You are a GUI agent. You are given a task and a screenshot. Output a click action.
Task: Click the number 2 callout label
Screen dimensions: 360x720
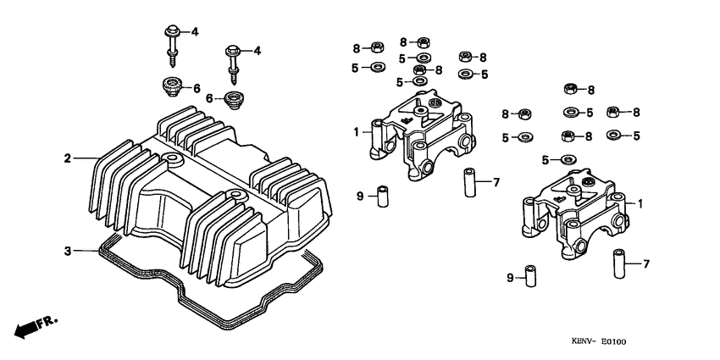click(67, 158)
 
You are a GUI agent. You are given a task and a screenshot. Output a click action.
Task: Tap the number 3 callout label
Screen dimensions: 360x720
click(67, 251)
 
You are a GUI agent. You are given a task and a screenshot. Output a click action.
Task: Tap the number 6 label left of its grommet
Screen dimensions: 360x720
click(208, 98)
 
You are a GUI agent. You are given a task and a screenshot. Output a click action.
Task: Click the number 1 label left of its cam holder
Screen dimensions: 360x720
click(357, 132)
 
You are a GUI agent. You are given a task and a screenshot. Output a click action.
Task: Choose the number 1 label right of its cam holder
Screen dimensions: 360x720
click(640, 204)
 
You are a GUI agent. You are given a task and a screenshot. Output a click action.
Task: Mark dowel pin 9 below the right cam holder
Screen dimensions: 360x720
click(530, 278)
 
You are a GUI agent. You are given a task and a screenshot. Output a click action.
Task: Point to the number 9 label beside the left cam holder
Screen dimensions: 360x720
click(359, 196)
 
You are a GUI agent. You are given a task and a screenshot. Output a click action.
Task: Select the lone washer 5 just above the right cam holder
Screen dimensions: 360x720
click(568, 159)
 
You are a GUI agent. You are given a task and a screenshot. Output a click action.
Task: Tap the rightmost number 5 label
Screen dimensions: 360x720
click(635, 135)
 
